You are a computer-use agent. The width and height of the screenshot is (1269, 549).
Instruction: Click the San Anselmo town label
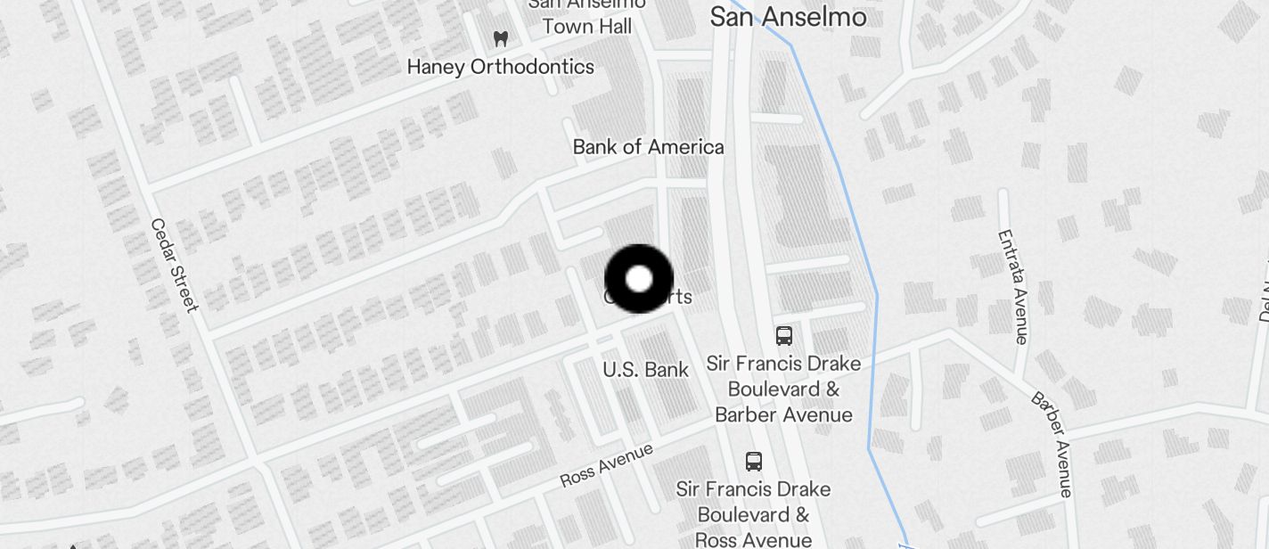(788, 17)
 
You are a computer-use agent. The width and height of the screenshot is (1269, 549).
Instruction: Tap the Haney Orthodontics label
(500, 67)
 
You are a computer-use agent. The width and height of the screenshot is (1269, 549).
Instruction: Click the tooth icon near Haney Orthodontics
(501, 39)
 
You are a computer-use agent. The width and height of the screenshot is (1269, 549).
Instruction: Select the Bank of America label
(648, 147)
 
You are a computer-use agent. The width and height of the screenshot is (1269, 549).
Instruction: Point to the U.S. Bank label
(645, 369)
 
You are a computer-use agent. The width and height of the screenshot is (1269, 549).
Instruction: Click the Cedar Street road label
(173, 266)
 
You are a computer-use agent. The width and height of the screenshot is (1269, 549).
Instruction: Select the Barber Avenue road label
(1052, 444)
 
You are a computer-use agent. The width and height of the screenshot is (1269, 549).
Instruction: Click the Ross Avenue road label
(606, 465)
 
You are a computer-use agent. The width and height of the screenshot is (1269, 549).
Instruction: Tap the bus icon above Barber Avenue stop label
(784, 336)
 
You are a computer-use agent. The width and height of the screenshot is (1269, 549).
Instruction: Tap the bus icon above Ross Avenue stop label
(754, 462)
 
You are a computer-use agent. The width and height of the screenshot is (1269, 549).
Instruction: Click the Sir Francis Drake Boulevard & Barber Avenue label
(783, 389)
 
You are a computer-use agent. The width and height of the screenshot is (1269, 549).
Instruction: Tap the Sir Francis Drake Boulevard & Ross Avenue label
(753, 514)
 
